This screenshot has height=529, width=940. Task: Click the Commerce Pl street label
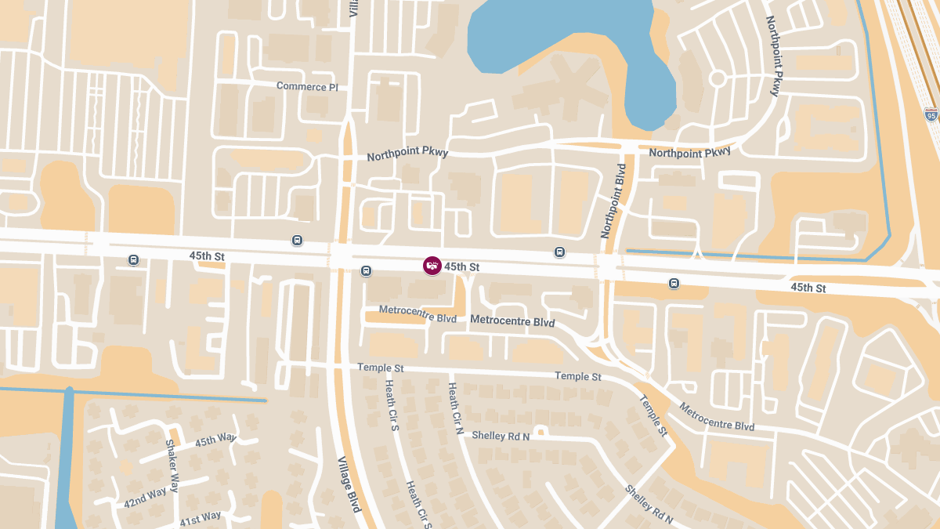pos(307,86)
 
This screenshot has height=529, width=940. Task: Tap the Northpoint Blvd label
pos(614,201)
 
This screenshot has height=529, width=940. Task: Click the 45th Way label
pos(215,440)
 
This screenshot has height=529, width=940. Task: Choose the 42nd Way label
pos(145,498)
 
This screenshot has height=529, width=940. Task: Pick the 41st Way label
pos(201,519)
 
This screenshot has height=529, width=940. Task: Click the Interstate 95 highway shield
pos(931,114)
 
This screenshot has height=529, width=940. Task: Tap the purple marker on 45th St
pos(432,266)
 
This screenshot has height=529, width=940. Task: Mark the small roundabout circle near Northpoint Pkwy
pos(717,78)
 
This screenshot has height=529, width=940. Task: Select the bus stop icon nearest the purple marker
pos(366,271)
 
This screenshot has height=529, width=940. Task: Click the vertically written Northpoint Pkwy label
pos(773,56)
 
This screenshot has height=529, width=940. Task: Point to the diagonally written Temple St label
pos(653,415)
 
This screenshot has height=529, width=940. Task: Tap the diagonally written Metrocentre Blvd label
pos(717,417)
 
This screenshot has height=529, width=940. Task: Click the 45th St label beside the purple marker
pos(461,267)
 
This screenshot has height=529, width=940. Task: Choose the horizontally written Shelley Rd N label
pos(501,436)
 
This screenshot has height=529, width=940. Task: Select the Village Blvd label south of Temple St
pos(349,484)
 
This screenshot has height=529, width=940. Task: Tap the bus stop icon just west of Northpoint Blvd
pos(559,252)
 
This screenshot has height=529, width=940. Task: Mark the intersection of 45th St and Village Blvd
pos(342,255)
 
